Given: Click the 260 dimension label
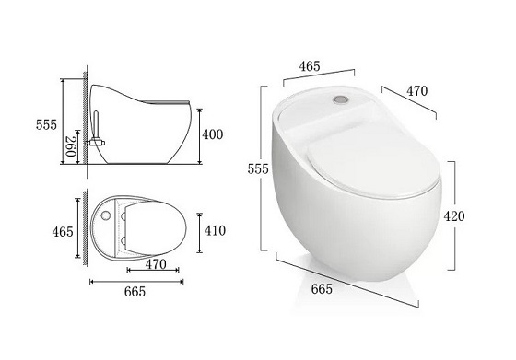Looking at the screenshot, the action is [x=71, y=146].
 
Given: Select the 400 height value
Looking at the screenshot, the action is [x=212, y=134].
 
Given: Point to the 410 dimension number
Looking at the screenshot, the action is [x=215, y=231].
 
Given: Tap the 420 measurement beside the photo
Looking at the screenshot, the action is [x=454, y=216].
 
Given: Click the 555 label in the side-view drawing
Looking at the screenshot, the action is [x=46, y=125].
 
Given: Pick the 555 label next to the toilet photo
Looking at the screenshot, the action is [x=258, y=169].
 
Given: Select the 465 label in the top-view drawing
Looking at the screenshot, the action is [x=63, y=232].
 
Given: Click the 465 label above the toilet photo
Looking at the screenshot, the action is [x=310, y=66].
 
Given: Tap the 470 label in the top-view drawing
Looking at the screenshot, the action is [x=156, y=264].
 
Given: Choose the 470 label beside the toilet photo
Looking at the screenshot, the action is [x=416, y=91].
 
